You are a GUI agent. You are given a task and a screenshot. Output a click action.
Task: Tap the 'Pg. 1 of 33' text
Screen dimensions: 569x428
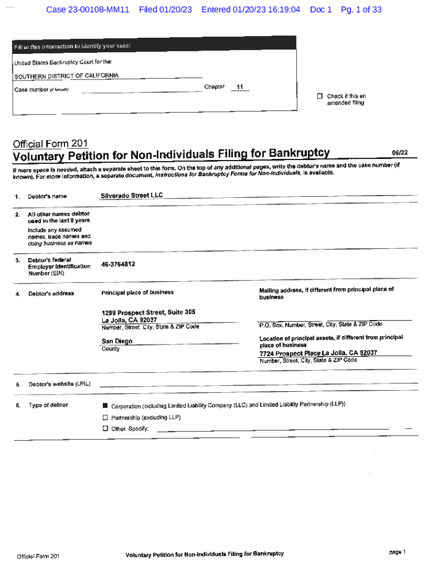click(361, 10)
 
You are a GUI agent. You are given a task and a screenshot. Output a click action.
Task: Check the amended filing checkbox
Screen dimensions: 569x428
click(320, 96)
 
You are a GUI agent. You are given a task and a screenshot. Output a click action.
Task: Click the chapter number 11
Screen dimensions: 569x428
click(240, 87)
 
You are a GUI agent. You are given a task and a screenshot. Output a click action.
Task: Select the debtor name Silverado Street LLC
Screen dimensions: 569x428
click(132, 196)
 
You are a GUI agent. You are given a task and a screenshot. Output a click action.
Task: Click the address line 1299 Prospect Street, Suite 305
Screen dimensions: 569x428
click(148, 312)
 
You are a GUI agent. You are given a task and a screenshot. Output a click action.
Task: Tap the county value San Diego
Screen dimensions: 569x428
click(117, 341)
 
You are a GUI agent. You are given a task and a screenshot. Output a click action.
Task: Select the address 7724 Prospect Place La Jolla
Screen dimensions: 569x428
click(318, 353)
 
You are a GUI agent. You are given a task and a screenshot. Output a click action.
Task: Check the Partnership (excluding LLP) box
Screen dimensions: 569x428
click(104, 417)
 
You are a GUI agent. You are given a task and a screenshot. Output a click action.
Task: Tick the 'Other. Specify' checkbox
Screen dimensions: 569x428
click(104, 428)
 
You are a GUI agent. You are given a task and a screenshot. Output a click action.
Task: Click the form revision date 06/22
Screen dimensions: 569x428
click(400, 152)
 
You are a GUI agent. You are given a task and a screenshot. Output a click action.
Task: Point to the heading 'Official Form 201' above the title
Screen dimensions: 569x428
click(50, 143)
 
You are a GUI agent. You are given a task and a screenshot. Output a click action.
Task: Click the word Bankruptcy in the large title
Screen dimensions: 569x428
click(299, 153)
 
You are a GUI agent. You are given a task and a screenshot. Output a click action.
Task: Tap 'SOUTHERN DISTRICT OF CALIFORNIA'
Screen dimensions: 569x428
click(66, 76)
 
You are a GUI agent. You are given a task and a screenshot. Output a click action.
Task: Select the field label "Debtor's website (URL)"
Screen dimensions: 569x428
click(59, 384)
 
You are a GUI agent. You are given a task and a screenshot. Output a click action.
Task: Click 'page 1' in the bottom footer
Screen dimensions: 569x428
click(398, 552)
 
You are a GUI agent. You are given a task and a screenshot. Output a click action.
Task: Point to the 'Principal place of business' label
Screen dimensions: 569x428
click(137, 292)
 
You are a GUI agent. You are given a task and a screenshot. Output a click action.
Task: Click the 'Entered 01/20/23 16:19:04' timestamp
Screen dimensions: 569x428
click(251, 10)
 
